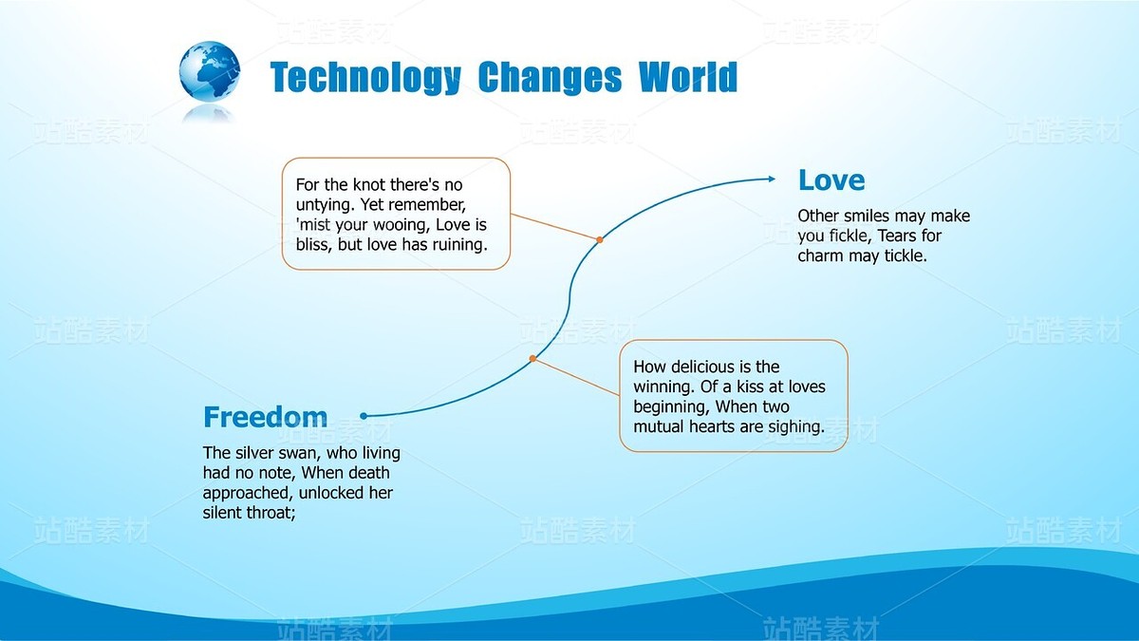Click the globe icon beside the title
pyautogui.click(x=210, y=71)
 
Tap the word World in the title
pyautogui.click(x=688, y=76)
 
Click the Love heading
pyautogui.click(x=831, y=180)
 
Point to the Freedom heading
pyautogui.click(x=266, y=417)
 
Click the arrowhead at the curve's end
pyautogui.click(x=772, y=179)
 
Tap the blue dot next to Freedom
pyautogui.click(x=364, y=416)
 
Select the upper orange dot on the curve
pyautogui.click(x=600, y=239)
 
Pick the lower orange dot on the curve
pyautogui.click(x=532, y=359)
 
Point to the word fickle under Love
pyautogui.click(x=850, y=236)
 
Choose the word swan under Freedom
pyautogui.click(x=299, y=453)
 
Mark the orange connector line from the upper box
pyautogui.click(x=554, y=226)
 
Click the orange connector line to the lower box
pyautogui.click(x=576, y=377)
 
